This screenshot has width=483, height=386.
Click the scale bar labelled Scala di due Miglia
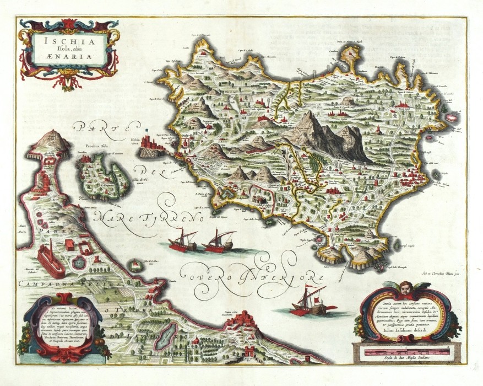coord(408,350)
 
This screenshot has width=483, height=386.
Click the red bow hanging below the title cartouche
coord(68,82)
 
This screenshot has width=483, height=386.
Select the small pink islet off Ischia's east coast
coord(454,117)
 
